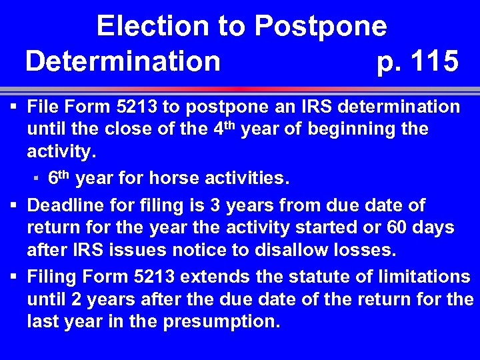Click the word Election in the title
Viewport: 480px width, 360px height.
point(153,27)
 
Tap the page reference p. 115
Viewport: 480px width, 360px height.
point(417,61)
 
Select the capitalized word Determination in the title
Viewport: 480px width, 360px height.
point(123,61)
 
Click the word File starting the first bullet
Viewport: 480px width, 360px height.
point(44,107)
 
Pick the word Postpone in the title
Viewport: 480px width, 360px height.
point(321,27)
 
